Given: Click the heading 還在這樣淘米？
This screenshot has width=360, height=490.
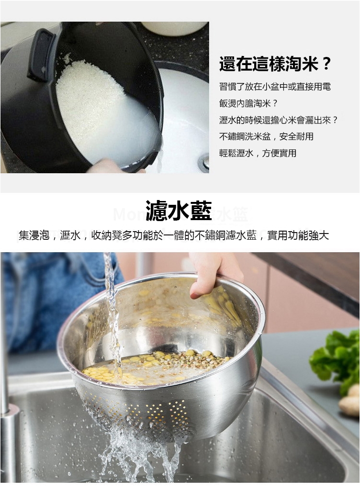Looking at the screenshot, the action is [275, 64].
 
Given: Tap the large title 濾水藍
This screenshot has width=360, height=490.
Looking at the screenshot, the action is [179, 211].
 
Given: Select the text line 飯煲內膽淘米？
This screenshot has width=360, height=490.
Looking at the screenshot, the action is [248, 103].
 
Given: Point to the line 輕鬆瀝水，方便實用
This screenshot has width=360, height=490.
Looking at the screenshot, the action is [258, 153].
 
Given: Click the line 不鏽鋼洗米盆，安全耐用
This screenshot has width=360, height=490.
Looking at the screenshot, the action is [266, 136].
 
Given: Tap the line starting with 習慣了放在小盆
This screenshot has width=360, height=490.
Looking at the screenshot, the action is [275, 87].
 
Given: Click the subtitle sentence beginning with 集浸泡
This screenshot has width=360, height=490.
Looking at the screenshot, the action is [174, 235].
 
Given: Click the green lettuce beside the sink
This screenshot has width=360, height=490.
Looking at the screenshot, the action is [337, 359].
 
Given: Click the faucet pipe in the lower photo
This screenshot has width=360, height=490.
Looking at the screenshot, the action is [6, 406].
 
